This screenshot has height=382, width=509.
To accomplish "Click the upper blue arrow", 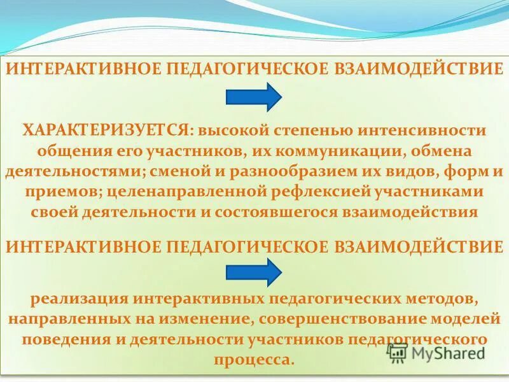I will point(254,97).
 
